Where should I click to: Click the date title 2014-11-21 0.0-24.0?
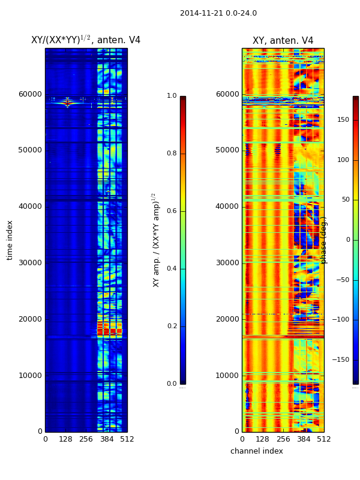pyautogui.click(x=218, y=13)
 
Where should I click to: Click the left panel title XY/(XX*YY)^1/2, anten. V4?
pyautogui.click(x=86, y=40)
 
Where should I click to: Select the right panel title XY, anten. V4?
pyautogui.click(x=283, y=41)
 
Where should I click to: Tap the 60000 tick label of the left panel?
pyautogui.click(x=30, y=94)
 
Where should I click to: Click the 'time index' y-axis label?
pyautogui.click(x=10, y=240)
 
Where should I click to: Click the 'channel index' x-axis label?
pyautogui.click(x=256, y=451)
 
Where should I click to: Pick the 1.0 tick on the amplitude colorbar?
pyautogui.click(x=172, y=96)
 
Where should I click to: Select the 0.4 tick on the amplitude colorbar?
pyautogui.click(x=172, y=269)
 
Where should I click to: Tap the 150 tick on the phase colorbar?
pyautogui.click(x=343, y=120)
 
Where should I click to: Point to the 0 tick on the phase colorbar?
pyautogui.click(x=347, y=240)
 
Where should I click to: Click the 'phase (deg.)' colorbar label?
pyautogui.click(x=324, y=240)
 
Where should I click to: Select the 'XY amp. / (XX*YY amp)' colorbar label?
pyautogui.click(x=155, y=240)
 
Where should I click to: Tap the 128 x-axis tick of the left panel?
pyautogui.click(x=65, y=439)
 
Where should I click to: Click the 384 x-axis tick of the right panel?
pyautogui.click(x=304, y=439)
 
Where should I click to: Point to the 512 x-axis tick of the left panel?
pyautogui.click(x=127, y=439)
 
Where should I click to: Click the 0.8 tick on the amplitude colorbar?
pyautogui.click(x=172, y=154)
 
